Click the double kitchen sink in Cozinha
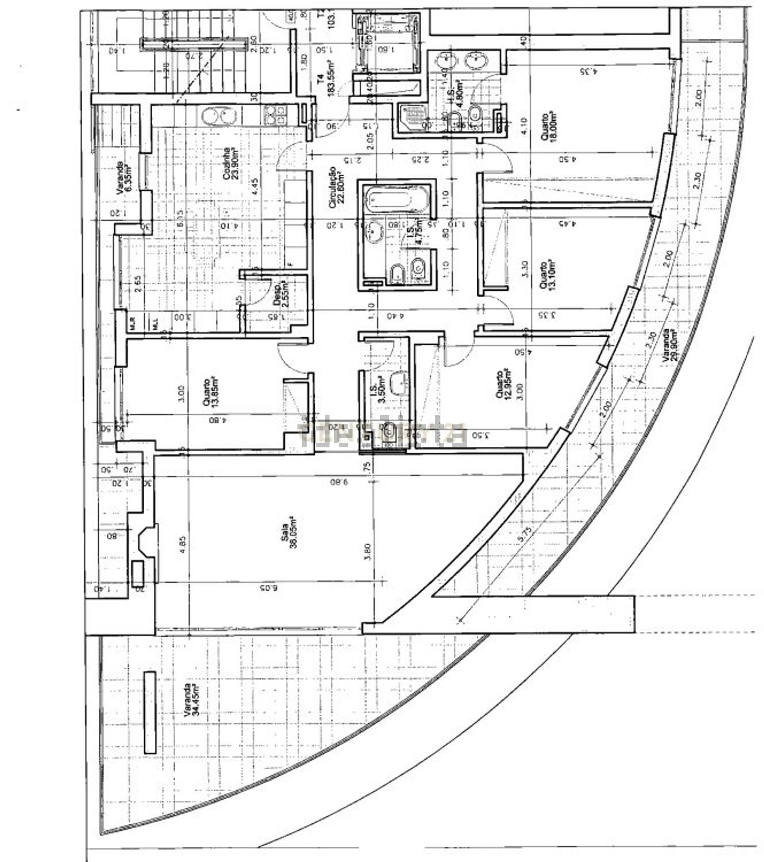coord(220,116)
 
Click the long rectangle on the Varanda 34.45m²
coord(149,713)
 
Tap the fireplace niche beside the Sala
coord(144,542)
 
